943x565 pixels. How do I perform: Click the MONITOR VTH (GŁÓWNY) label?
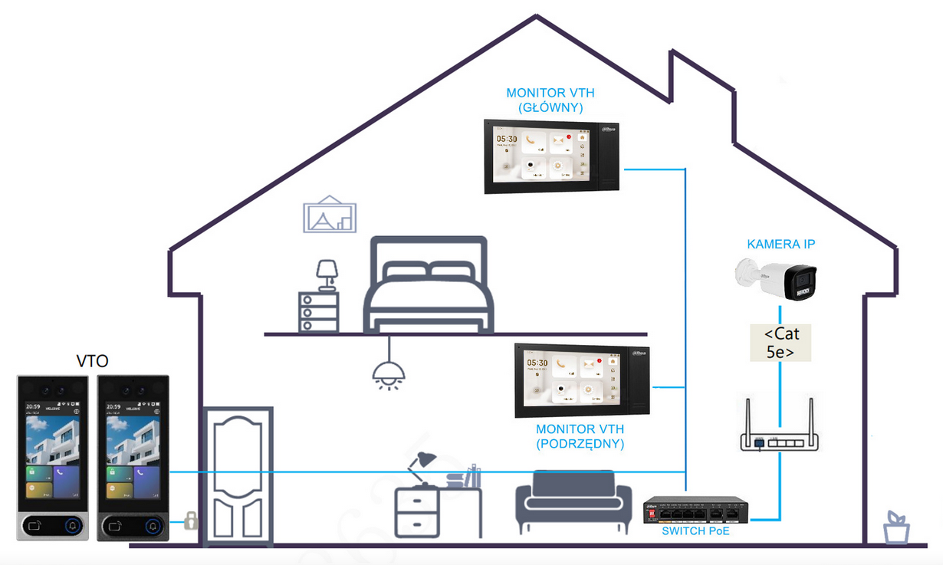[x=550, y=100]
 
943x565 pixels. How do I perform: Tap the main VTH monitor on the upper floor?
[x=551, y=157]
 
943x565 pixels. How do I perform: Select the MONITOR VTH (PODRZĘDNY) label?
[x=580, y=436]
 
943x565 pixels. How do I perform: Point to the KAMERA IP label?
[x=780, y=245]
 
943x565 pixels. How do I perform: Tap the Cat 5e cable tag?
[x=780, y=343]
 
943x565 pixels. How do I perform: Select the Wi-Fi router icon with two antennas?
[x=780, y=433]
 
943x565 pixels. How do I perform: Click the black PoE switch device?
[x=695, y=509]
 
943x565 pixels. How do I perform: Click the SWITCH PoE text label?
[x=695, y=531]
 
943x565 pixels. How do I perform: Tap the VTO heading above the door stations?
[x=92, y=361]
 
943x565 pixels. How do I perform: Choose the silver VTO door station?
[x=52, y=458]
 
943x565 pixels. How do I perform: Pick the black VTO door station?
[x=133, y=458]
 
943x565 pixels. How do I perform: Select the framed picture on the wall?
[x=330, y=215]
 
